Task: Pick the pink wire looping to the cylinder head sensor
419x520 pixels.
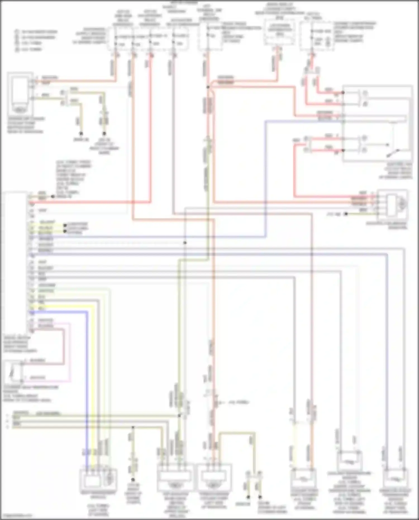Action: click(70, 352)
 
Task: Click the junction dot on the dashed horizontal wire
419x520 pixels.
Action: click(185, 243)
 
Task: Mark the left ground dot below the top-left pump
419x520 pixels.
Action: click(81, 134)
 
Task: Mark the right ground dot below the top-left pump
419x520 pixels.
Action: click(104, 134)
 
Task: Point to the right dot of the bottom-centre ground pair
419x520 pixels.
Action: click(260, 497)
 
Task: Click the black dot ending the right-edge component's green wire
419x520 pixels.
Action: click(346, 214)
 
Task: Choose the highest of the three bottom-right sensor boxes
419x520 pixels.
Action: click(349, 460)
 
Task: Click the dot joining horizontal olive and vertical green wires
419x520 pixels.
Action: click(179, 415)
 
